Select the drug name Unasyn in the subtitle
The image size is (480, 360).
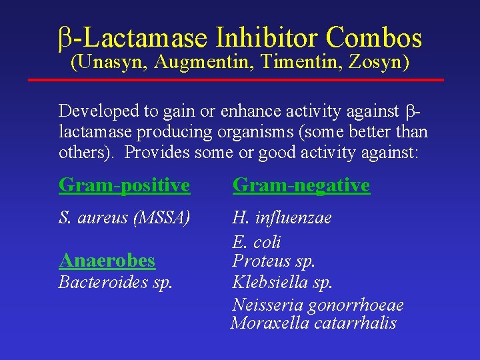click(x=110, y=63)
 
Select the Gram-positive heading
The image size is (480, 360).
click(x=124, y=185)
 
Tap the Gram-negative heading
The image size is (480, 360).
click(x=301, y=185)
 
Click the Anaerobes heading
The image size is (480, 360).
click(x=107, y=260)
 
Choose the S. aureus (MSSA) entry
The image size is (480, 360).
click(x=125, y=218)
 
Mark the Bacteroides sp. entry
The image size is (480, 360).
click(x=115, y=282)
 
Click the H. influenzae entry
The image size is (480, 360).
click(x=281, y=218)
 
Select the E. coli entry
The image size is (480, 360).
click(x=256, y=241)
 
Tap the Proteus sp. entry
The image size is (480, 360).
click(x=273, y=261)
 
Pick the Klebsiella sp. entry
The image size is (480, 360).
click(x=282, y=282)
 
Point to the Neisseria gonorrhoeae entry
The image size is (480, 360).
click(x=317, y=305)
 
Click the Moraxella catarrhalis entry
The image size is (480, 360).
click(x=313, y=324)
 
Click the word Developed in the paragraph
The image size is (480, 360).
click(x=99, y=111)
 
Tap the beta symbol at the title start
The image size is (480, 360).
click(x=64, y=39)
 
